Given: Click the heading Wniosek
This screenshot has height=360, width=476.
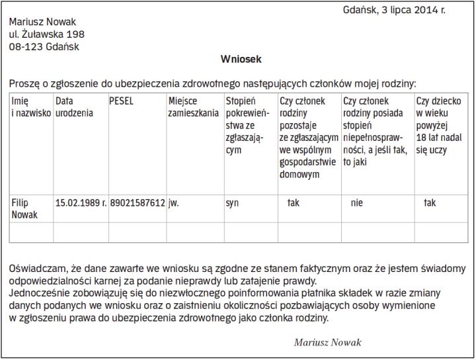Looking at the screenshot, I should click(241, 60).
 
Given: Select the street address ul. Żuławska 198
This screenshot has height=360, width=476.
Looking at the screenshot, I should click(47, 34).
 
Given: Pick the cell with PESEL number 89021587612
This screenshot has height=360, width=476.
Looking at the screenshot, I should click(138, 203).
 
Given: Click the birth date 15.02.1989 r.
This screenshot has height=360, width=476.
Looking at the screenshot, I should click(81, 203).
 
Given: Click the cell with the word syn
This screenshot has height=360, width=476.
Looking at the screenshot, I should click(232, 203).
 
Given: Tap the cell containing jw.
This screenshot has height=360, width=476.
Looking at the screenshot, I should click(174, 203).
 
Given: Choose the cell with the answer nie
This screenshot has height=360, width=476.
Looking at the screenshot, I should click(357, 203).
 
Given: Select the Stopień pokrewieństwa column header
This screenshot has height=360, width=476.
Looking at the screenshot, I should click(247, 126).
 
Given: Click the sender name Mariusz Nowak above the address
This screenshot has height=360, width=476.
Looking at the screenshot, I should click(42, 22).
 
